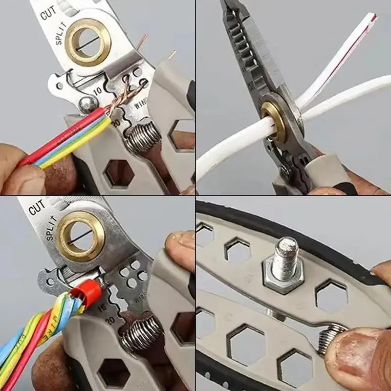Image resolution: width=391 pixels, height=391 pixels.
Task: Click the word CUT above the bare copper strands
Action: [x=48, y=13]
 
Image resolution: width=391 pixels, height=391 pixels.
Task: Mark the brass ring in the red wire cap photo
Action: [x=81, y=236]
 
